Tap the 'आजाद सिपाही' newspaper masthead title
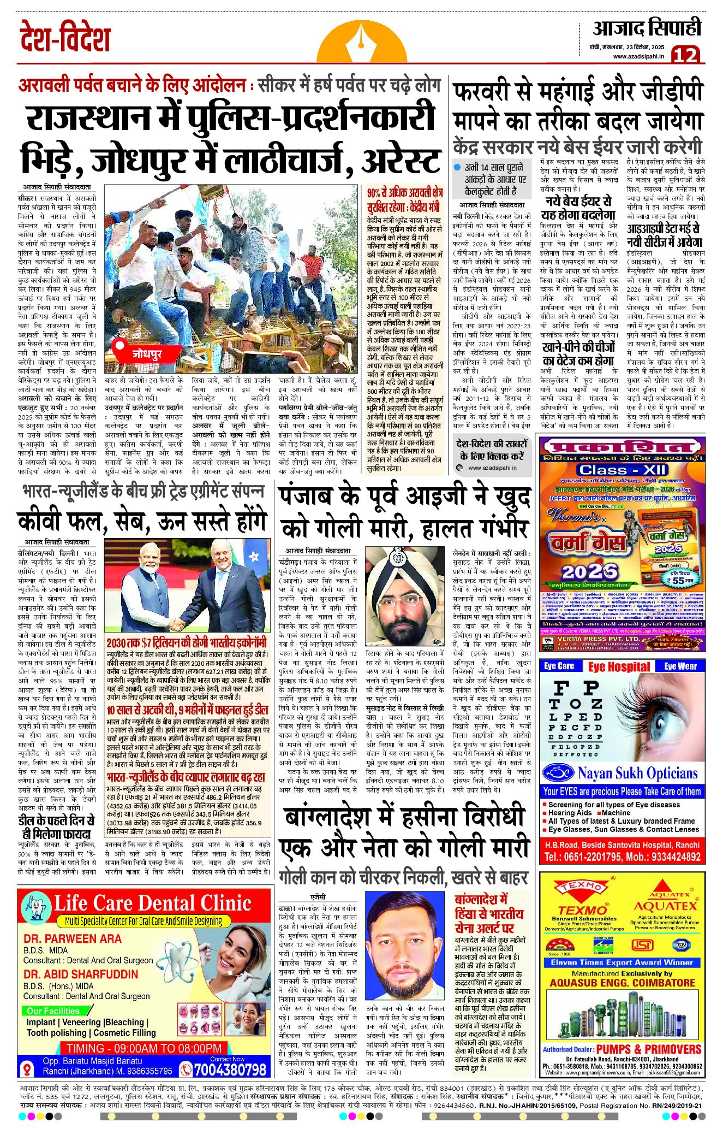pyautogui.click(x=647, y=28)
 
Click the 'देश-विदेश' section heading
pyautogui.click(x=65, y=38)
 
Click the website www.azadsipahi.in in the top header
pyautogui.click(x=638, y=56)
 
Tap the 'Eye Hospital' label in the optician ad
pyautogui.click(x=619, y=666)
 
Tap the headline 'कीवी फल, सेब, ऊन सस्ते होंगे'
pyautogui.click(x=142, y=522)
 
